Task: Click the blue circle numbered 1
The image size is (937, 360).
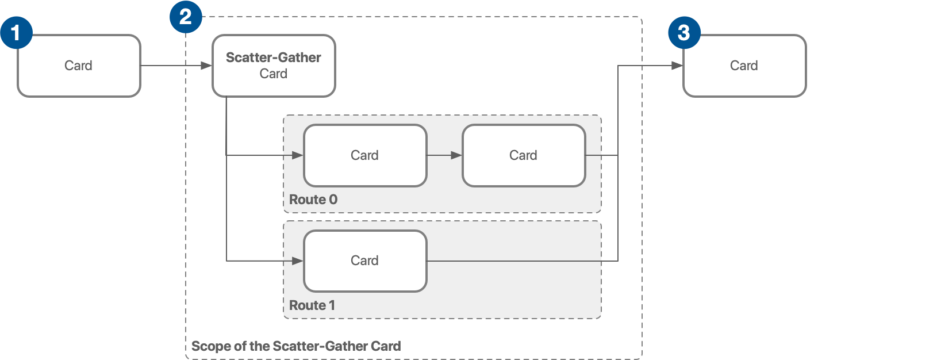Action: point(16,33)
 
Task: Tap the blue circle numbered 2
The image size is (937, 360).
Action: point(186,17)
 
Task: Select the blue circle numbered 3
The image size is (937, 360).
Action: point(684,33)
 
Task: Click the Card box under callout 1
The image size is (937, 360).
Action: point(79,66)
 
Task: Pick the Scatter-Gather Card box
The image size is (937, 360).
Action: point(274,66)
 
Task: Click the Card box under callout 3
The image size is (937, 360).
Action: point(744,66)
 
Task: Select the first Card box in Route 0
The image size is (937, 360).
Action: point(365,155)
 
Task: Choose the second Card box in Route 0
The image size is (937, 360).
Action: point(524,155)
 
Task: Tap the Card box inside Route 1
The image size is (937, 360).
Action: point(365,261)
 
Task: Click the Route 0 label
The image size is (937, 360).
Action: point(313,200)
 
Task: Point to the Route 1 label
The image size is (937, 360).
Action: point(312,305)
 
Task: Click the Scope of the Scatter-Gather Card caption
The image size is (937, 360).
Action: point(296,346)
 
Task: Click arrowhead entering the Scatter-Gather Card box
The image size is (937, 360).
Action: point(206,66)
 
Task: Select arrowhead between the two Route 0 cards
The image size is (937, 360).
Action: point(456,155)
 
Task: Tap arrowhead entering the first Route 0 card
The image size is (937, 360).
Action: point(298,155)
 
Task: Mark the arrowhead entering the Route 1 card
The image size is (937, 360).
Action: point(298,261)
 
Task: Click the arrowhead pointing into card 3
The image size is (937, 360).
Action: point(677,66)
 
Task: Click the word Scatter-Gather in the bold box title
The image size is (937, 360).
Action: point(274,58)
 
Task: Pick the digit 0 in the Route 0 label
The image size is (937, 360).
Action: point(333,200)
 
